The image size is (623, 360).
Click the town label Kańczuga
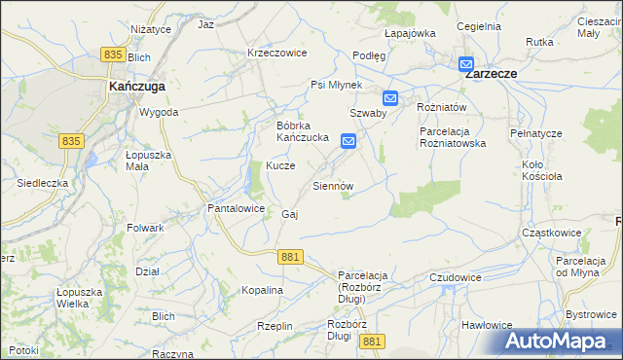(136, 86)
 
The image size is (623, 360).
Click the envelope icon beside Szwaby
(390, 97)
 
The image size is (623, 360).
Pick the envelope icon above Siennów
(348, 142)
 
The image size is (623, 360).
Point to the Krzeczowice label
(277, 53)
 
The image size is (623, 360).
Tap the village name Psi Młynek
(336, 85)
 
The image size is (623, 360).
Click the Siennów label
(332, 185)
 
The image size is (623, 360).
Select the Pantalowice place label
(237, 208)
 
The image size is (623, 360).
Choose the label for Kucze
(280, 166)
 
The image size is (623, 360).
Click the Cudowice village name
(456, 277)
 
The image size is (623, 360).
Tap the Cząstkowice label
(551, 233)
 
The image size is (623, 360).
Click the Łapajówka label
(409, 33)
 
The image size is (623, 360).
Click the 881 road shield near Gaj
(289, 256)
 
